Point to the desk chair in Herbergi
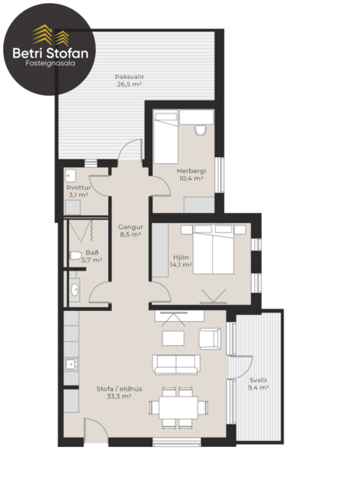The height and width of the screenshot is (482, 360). point(201,128)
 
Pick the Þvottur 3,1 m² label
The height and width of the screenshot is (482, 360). point(79,191)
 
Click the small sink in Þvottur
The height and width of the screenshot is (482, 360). point(71,173)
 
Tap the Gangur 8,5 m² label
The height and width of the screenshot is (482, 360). point(129,229)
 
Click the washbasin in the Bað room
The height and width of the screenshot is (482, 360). point(75,289)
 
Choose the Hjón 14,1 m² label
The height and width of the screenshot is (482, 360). point(180,261)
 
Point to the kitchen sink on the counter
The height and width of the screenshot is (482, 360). point(70,363)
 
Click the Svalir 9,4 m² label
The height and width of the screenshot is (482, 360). point(257,383)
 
